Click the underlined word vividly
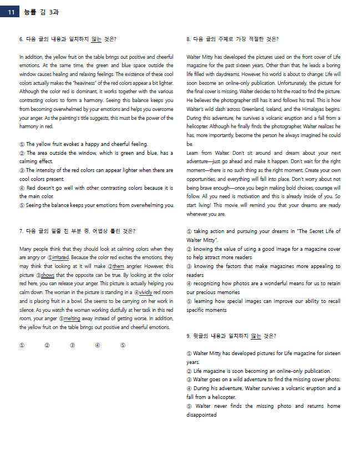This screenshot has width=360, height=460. coord(144,292)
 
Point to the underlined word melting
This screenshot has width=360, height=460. coord(72,319)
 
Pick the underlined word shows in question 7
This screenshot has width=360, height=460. coord(48,275)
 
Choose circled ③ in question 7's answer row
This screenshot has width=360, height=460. coord(72,345)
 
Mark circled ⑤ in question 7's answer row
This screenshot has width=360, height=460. coord(123,345)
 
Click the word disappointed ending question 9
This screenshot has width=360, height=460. coord(201,414)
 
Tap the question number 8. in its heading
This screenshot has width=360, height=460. coord(189,39)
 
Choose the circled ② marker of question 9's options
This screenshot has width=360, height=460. coord(189,371)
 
